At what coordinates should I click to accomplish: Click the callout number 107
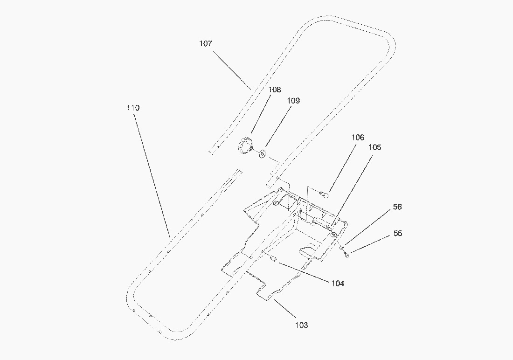click(x=206, y=43)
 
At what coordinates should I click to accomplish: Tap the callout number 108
click(x=274, y=90)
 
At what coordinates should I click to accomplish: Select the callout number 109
click(x=293, y=100)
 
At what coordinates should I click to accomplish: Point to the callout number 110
click(x=133, y=108)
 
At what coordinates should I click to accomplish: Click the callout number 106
click(x=358, y=138)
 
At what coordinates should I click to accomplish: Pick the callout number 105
click(x=374, y=147)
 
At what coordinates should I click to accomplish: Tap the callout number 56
click(x=397, y=207)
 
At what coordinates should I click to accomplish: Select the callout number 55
click(x=397, y=233)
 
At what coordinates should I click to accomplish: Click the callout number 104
click(x=338, y=284)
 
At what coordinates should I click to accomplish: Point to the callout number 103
click(x=301, y=325)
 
